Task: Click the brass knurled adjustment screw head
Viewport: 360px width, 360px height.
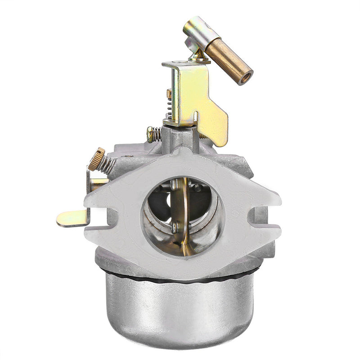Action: click(x=96, y=158)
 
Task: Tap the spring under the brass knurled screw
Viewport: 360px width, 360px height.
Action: click(x=107, y=165)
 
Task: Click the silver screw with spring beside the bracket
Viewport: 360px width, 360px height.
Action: click(x=153, y=133)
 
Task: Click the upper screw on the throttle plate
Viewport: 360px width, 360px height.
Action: click(x=174, y=184)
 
